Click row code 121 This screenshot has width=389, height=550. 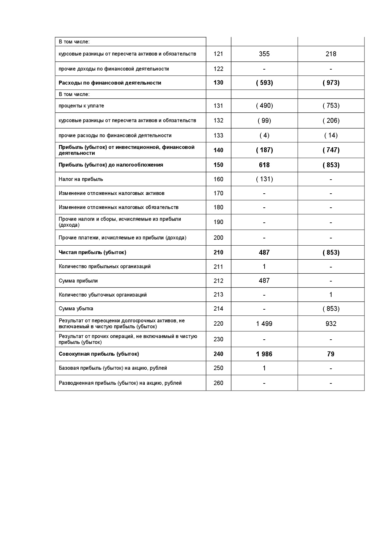pos(218,54)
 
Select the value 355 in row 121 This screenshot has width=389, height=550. pos(264,54)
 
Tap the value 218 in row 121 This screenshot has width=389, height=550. pos(331,54)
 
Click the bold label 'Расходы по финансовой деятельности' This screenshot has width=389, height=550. pos(110,83)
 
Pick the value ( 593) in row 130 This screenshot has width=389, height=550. pos(264,83)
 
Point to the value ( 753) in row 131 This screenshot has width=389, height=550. pos(331,105)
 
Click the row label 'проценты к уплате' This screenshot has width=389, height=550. pos(81,106)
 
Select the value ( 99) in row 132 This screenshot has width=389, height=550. pos(264,121)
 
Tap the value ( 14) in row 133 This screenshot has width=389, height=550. pos(331,135)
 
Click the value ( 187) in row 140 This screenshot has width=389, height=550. pos(264,150)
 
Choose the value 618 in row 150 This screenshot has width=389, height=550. pos(264,165)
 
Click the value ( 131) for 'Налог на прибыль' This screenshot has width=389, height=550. pos(264,179)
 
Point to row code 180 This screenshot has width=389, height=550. pos(218,207)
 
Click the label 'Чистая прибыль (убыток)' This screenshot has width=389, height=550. pos(92,252)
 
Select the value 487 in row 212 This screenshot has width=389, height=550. pos(264,281)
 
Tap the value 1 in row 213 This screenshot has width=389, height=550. pos(331,295)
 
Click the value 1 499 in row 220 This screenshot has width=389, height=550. pos(264,324)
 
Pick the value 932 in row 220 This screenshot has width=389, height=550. pos(331,324)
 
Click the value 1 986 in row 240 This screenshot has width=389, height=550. pos(264,354)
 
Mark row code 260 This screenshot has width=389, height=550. pos(218,383)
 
